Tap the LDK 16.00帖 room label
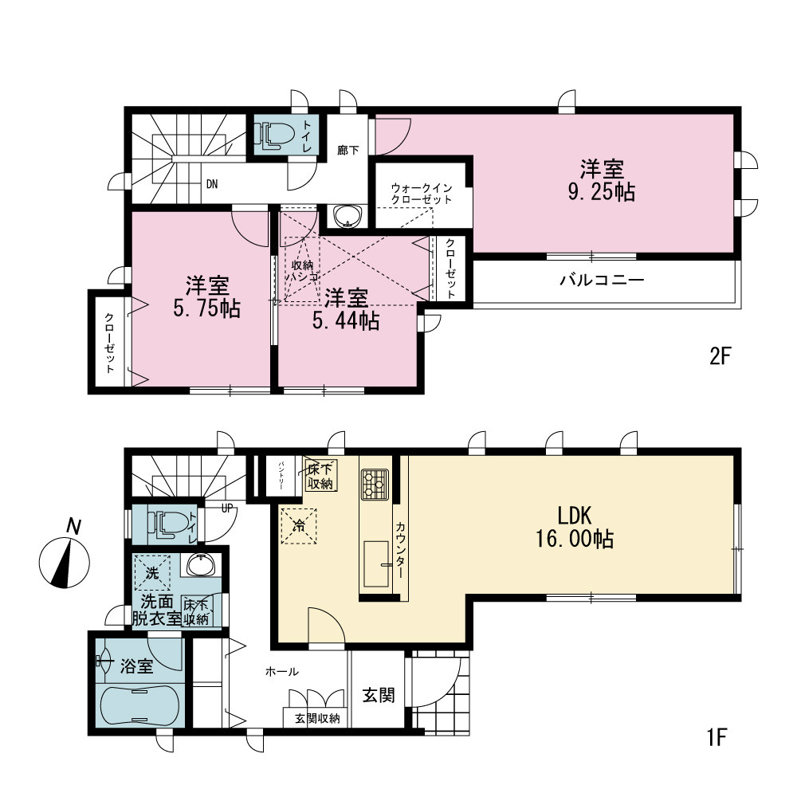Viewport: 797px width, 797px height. point(575,527)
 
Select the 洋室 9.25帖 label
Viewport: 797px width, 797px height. point(602,181)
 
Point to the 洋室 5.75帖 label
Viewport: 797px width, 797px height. point(207,297)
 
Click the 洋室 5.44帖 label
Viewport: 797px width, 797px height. point(346,309)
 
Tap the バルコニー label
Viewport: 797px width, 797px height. point(603,280)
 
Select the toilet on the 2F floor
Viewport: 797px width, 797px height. point(274,135)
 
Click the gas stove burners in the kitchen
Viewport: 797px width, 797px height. point(375,484)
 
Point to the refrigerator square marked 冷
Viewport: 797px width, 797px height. point(299,526)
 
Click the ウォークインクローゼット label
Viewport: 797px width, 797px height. point(422,194)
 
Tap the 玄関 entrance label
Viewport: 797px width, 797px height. point(378,695)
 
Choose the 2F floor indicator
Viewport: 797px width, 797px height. point(719,355)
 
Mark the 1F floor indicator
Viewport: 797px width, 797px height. point(717,737)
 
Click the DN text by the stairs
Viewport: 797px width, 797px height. point(212,184)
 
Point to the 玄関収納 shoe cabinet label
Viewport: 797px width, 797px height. point(317,719)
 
